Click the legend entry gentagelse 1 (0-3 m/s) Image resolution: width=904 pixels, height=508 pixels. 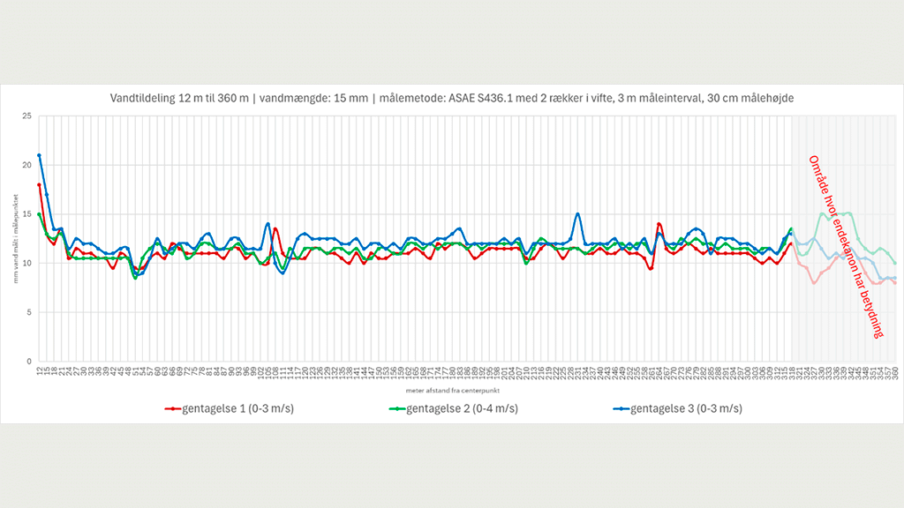(x=234, y=408)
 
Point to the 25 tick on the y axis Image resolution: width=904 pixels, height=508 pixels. (x=26, y=116)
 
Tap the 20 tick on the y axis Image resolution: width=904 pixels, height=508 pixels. (x=26, y=165)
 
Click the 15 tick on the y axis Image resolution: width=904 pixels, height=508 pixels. (x=26, y=214)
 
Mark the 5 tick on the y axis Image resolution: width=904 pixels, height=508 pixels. (x=28, y=312)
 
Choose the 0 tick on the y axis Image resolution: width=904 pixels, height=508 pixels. (x=28, y=362)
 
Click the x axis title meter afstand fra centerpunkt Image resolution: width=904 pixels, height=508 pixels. (x=466, y=389)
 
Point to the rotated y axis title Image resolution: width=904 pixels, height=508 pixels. (x=15, y=238)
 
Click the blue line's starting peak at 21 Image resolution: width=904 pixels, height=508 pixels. (x=39, y=156)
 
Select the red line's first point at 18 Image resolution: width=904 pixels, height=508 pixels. (x=39, y=185)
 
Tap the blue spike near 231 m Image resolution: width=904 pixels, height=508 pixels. (x=577, y=213)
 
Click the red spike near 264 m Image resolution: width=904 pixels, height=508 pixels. (x=659, y=224)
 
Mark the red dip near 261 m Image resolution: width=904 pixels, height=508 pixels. (x=651, y=268)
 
